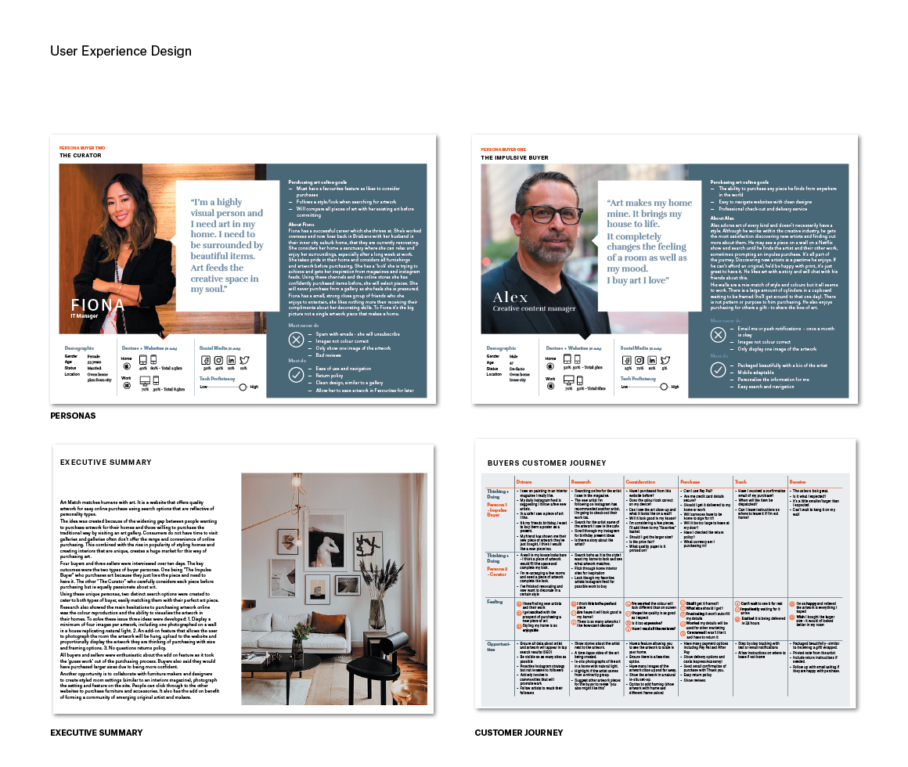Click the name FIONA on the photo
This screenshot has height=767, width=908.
(x=98, y=304)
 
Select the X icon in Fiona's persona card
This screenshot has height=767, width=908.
(x=296, y=339)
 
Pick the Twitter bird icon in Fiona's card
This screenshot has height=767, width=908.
(x=245, y=360)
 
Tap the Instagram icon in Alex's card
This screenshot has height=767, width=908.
(x=640, y=360)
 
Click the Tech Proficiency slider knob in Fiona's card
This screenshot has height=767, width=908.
(x=243, y=387)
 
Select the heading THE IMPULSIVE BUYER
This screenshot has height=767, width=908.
(x=514, y=158)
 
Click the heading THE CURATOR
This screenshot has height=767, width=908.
(x=81, y=156)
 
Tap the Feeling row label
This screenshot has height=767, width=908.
(x=495, y=602)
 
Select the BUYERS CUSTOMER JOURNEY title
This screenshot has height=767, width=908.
(x=546, y=463)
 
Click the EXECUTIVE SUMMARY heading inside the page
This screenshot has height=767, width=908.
(x=106, y=463)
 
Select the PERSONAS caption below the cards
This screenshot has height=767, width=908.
(x=73, y=416)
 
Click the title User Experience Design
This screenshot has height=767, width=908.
(x=121, y=52)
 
